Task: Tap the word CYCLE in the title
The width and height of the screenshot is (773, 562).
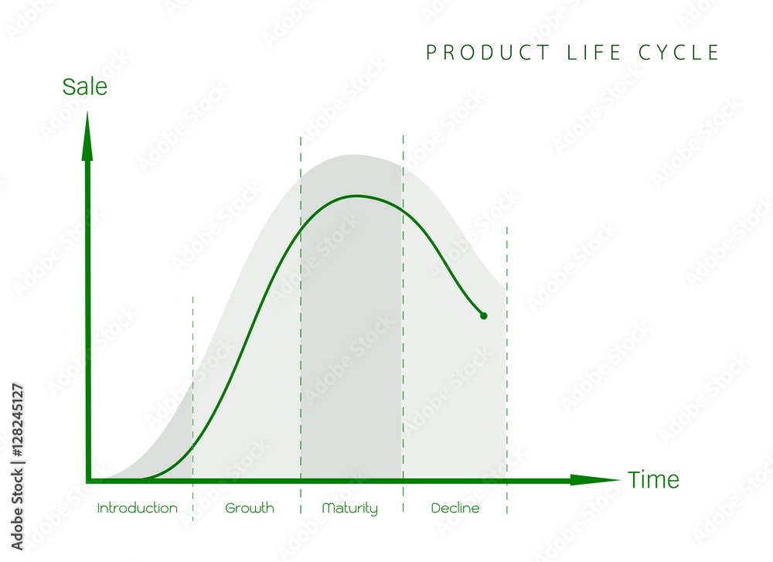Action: [683, 53]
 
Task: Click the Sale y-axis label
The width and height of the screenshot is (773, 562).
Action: [85, 87]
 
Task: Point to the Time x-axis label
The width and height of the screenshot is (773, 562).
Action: [653, 480]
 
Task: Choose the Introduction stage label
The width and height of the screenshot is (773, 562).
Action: [138, 509]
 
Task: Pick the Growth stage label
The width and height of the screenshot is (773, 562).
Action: [250, 509]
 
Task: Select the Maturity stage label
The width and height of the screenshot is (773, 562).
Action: [350, 509]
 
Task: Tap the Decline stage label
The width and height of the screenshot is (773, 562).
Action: [455, 509]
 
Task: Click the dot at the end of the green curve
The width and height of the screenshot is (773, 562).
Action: [484, 315]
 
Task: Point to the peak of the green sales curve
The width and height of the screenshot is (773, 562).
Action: [356, 196]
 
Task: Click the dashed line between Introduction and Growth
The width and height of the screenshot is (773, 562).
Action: [193, 387]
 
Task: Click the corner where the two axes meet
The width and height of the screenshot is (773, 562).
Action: [87, 480]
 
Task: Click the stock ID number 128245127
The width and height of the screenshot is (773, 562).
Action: [17, 421]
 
